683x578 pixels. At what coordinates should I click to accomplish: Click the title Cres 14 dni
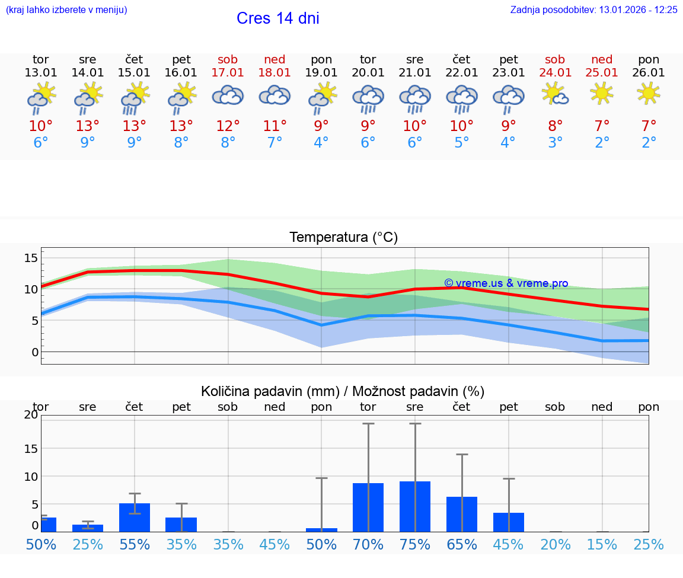[x=277, y=18]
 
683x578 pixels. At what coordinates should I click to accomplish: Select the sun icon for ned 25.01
[x=602, y=93]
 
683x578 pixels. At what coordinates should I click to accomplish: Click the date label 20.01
[x=368, y=73]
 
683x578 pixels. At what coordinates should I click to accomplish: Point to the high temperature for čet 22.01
[x=461, y=126]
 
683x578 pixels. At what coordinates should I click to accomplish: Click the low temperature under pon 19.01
[x=321, y=143]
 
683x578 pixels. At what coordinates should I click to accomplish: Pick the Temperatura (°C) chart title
[x=343, y=238]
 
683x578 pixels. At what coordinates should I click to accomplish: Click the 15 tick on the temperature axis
[x=31, y=258]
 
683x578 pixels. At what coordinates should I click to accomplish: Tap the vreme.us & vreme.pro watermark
[x=506, y=283]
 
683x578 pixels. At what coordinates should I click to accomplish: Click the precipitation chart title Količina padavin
[x=343, y=391]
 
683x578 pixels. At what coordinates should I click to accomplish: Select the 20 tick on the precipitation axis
[x=31, y=415]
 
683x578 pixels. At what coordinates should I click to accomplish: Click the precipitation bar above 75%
[x=415, y=506]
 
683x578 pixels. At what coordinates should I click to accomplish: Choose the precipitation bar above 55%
[x=135, y=518]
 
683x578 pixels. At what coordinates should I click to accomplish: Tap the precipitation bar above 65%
[x=462, y=514]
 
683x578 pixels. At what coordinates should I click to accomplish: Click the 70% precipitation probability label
[x=368, y=544]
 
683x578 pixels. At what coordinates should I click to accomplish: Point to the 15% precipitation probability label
[x=602, y=544]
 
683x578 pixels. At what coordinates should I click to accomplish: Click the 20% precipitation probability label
[x=555, y=544]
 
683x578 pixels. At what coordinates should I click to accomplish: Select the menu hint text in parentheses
[x=66, y=10]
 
